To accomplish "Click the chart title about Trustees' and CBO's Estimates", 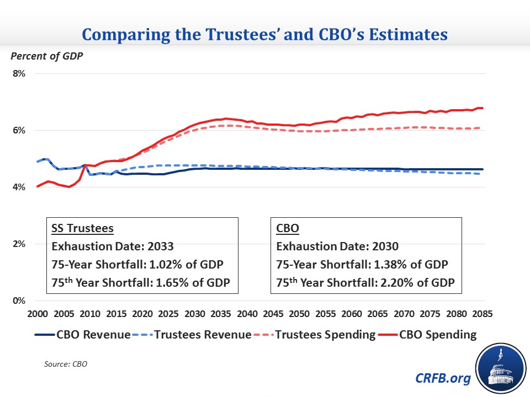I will click(265, 35).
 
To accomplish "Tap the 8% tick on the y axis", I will click(19, 73).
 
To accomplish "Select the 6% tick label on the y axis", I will click(19, 130).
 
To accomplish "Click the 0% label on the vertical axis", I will click(19, 301).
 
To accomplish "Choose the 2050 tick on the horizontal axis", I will click(299, 313).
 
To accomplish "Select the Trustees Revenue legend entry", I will click(196, 334).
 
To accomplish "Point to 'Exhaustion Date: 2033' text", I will click(103, 246).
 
